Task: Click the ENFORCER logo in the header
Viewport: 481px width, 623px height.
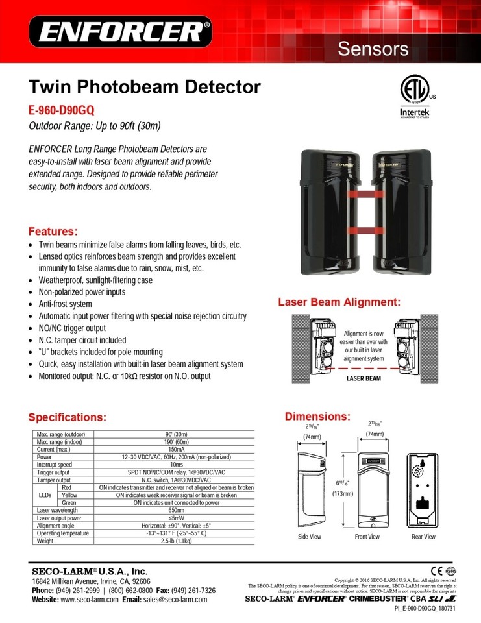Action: (120, 31)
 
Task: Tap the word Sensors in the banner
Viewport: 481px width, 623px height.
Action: (373, 49)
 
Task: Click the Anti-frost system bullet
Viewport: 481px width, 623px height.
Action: (65, 304)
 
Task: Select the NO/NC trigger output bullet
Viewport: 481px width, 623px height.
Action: (72, 328)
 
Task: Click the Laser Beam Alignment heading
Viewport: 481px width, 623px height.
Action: (339, 302)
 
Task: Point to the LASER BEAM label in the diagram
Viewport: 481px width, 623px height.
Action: (364, 377)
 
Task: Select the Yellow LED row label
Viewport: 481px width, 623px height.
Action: (69, 495)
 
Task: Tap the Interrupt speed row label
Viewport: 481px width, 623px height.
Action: (55, 465)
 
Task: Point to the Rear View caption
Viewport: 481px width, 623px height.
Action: (423, 537)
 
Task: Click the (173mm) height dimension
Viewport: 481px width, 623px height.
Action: (341, 493)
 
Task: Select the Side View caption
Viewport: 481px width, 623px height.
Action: (310, 537)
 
